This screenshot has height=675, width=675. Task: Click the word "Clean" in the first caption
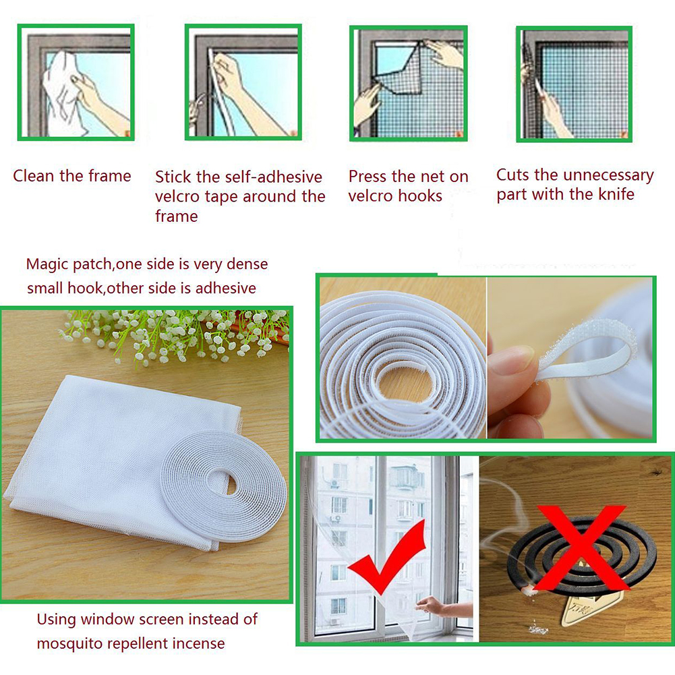coord(34,176)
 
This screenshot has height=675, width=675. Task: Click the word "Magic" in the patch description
coord(45,264)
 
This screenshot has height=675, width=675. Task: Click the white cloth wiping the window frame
coord(61,94)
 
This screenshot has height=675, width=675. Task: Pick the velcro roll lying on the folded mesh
coord(223,486)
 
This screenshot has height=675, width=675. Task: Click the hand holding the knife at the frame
coord(553,111)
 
